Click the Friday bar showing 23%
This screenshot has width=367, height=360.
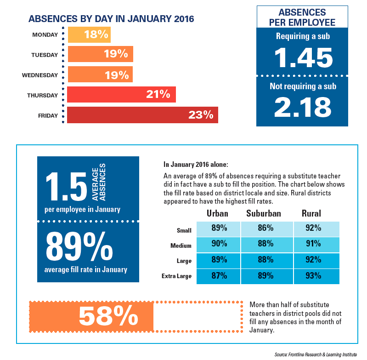click(142, 115)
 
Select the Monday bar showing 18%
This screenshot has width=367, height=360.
click(89, 34)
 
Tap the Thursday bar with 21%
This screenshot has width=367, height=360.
click(121, 95)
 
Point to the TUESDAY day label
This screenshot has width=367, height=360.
click(45, 55)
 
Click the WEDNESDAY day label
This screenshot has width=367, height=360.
click(40, 75)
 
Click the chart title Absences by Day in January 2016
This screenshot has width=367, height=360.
click(111, 19)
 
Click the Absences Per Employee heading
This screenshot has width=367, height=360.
click(303, 17)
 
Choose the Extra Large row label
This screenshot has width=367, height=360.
click(176, 276)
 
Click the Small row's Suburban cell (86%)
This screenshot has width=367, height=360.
click(266, 229)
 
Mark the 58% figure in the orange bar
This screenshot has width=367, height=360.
click(108, 316)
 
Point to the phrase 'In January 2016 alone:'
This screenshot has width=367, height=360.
click(192, 164)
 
